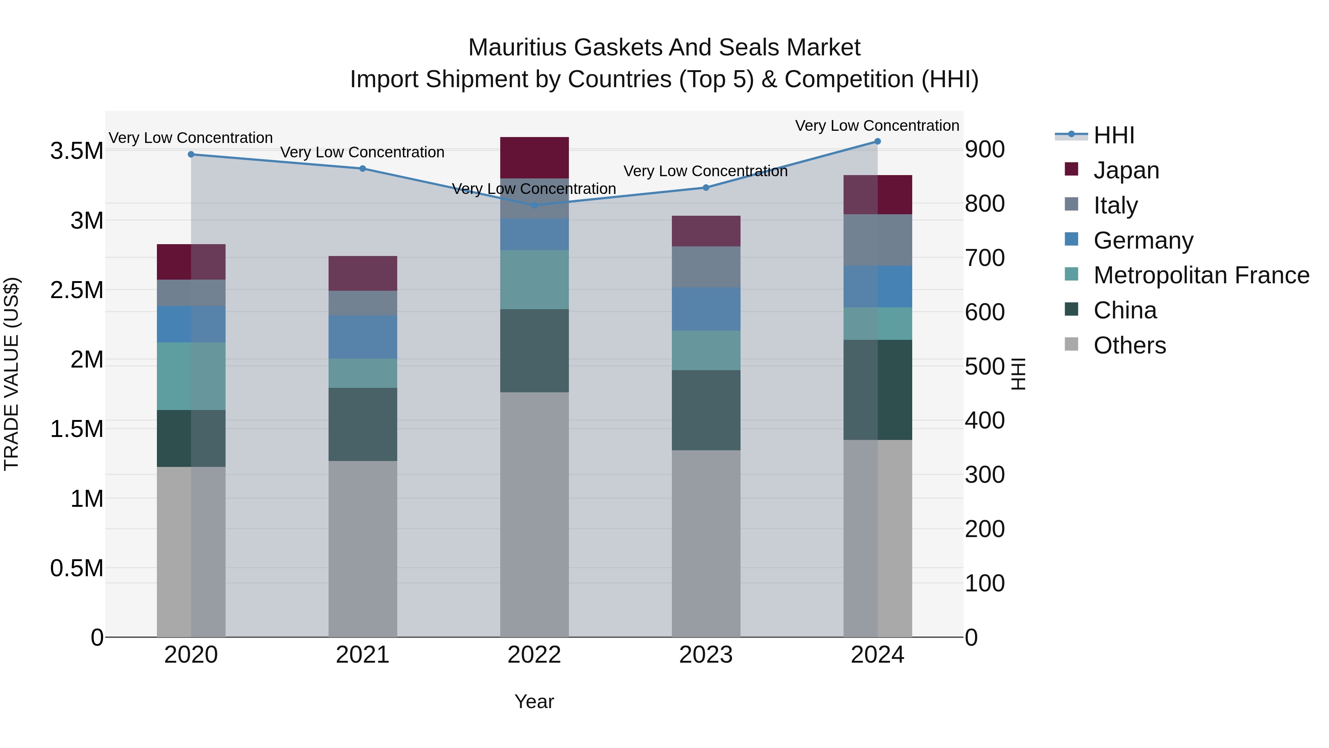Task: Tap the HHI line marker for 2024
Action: point(877,141)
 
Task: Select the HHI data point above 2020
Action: point(191,154)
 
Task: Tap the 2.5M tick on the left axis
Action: point(77,290)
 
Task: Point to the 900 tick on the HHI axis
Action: point(984,150)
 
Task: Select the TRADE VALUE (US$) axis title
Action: point(11,374)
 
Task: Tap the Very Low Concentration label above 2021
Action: point(362,152)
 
